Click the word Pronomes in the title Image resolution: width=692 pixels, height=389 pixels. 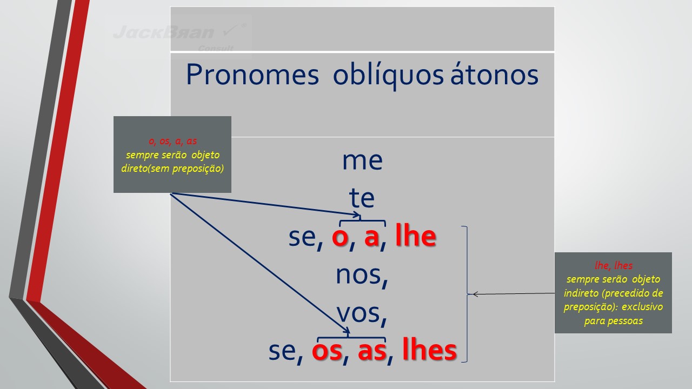click(x=252, y=75)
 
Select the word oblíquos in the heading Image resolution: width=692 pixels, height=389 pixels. click(x=388, y=76)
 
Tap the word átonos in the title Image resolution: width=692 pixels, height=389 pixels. click(x=494, y=74)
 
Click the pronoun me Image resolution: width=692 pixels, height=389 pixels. click(x=362, y=161)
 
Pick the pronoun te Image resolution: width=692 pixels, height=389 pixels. click(x=362, y=198)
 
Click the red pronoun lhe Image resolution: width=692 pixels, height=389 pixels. click(x=416, y=236)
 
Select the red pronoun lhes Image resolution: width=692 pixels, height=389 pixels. click(x=429, y=349)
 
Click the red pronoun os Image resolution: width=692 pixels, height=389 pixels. click(x=327, y=351)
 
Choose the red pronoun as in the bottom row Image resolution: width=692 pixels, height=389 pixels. click(x=372, y=351)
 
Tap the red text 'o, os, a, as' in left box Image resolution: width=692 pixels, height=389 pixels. click(x=172, y=141)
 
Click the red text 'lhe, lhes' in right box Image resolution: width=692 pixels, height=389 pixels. click(x=614, y=265)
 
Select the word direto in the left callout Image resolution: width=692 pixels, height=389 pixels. click(x=134, y=168)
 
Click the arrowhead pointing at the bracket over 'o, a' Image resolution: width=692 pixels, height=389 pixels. click(x=358, y=214)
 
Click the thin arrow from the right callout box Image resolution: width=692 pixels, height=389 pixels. click(x=514, y=293)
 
